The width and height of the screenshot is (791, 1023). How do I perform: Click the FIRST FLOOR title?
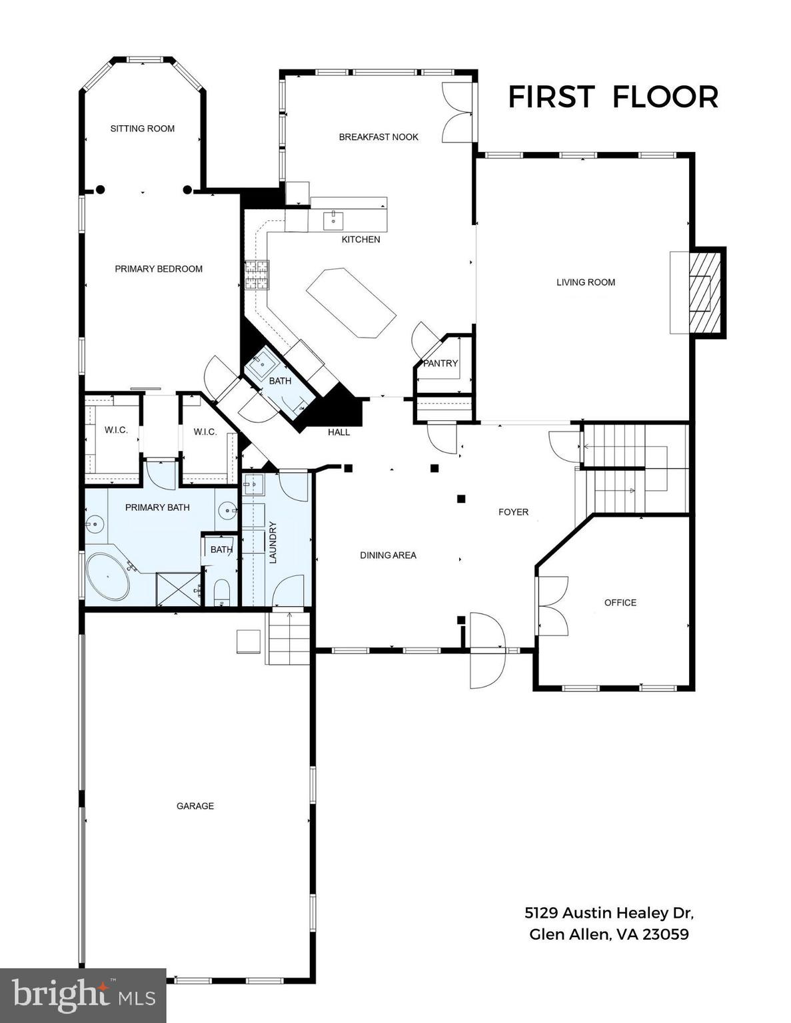(x=613, y=97)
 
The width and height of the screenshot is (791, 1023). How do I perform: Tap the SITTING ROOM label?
(x=143, y=129)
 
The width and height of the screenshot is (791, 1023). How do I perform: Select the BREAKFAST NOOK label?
(x=379, y=137)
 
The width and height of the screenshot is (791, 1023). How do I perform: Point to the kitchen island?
(x=351, y=303)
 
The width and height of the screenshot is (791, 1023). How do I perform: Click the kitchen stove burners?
(x=257, y=275)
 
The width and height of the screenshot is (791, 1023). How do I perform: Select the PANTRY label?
(x=440, y=363)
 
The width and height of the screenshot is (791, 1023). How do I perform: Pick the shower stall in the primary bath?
(x=178, y=589)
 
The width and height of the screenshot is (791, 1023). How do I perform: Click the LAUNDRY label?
(x=273, y=542)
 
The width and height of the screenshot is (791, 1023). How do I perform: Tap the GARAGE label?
(x=195, y=806)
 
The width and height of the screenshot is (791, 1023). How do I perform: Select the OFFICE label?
(x=620, y=603)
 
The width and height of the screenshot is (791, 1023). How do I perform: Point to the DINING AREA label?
(x=388, y=555)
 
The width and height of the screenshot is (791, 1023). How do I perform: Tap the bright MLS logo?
(x=83, y=996)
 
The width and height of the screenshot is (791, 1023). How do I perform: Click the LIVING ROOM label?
(x=586, y=282)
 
